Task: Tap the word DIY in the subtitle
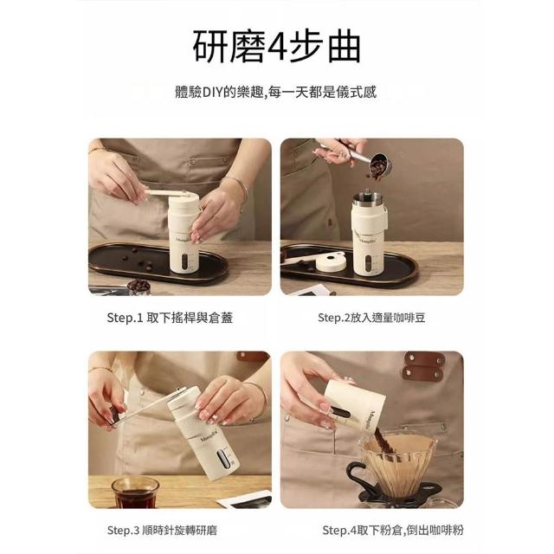tap(211, 93)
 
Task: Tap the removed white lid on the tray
tap(331, 262)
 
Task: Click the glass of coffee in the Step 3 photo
tap(135, 492)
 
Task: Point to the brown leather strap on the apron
tap(423, 366)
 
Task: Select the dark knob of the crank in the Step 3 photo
tap(114, 415)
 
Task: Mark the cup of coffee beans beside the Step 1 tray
tap(138, 287)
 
